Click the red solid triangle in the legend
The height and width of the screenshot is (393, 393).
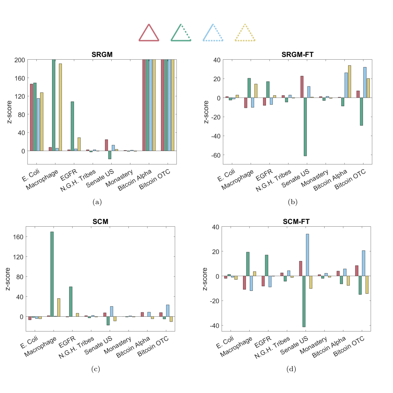pyautogui.click(x=149, y=33)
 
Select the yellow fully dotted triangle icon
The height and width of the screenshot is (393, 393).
pyautogui.click(x=245, y=33)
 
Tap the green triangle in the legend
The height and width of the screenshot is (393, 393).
pyautogui.click(x=181, y=33)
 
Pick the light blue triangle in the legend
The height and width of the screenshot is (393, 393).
pyautogui.click(x=213, y=33)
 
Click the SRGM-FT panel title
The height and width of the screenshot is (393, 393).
pyautogui.click(x=297, y=55)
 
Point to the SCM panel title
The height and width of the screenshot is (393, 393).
pyautogui.click(x=100, y=222)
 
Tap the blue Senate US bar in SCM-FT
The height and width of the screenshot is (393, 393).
pyautogui.click(x=307, y=255)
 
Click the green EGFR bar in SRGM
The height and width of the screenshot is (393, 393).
pyautogui.click(x=72, y=126)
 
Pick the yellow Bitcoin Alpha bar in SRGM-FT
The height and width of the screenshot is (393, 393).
pyautogui.click(x=349, y=82)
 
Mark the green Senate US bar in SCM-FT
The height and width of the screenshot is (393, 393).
pyautogui.click(x=304, y=301)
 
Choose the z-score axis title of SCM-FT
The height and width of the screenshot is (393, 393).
pyautogui.click(x=205, y=279)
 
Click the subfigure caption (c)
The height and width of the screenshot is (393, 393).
pyautogui.click(x=95, y=369)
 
